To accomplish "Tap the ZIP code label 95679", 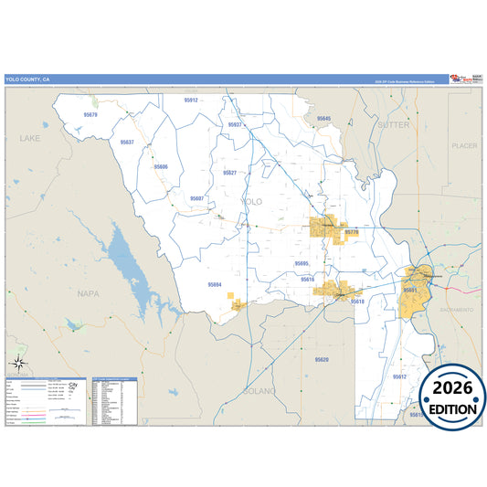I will [90, 116].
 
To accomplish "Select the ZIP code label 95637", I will [127, 143].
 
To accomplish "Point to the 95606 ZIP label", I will [161, 167].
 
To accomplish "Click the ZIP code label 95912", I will [190, 101].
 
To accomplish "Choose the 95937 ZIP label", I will [235, 124].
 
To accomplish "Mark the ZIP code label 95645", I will [323, 119].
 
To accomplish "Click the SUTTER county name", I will [394, 124].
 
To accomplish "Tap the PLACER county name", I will [464, 145].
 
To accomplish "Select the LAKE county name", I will [30, 139].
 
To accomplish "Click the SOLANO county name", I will [259, 390].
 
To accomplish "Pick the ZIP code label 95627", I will [229, 173].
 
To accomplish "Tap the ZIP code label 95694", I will [215, 285].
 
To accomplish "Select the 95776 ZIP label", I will [352, 233].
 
